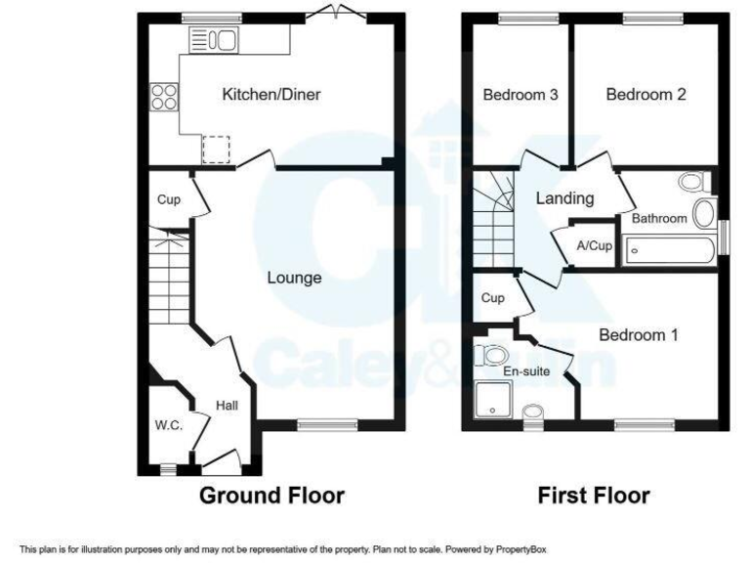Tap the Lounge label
295,279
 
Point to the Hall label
227,406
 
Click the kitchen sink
213,40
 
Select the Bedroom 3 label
521,95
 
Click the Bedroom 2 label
646,95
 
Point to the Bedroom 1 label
639,335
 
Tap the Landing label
564,198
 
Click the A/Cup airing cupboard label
595,245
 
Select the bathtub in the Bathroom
671,251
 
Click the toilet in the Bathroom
693,183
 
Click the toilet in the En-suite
490,354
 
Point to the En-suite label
525,371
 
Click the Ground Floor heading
271,496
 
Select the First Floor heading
593,496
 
